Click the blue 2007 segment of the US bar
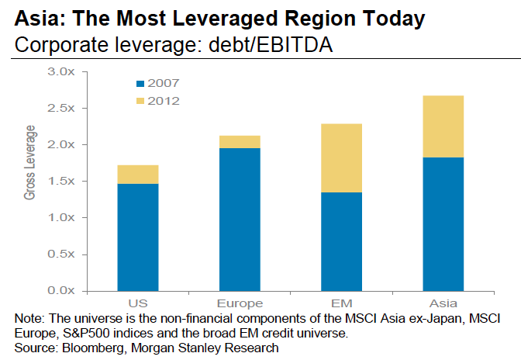[x=137, y=237]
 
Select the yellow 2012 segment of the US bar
[x=137, y=175]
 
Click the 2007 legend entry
[x=160, y=83]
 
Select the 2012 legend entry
[x=160, y=100]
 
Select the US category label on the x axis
[x=137, y=303]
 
